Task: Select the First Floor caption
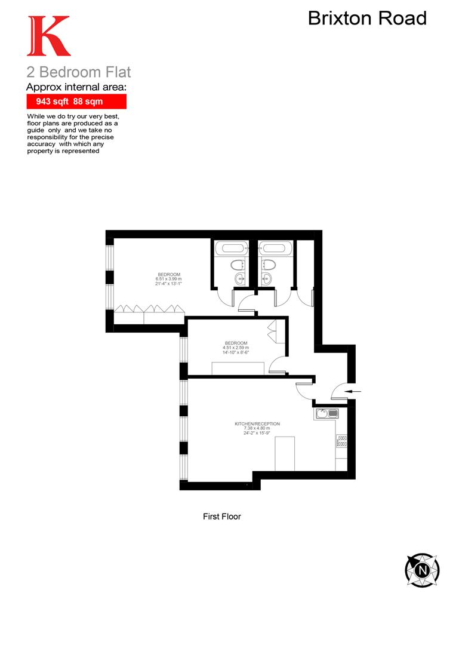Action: click(221, 517)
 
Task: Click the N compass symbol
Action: click(422, 570)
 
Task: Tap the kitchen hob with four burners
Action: click(343, 442)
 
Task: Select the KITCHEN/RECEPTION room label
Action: click(257, 424)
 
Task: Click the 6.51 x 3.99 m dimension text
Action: click(168, 279)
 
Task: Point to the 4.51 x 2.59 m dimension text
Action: click(236, 348)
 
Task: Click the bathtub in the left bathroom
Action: click(230, 248)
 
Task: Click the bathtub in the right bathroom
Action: click(276, 248)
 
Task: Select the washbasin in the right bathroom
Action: click(267, 277)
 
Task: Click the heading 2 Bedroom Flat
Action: click(79, 73)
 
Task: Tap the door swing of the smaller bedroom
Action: click(276, 365)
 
